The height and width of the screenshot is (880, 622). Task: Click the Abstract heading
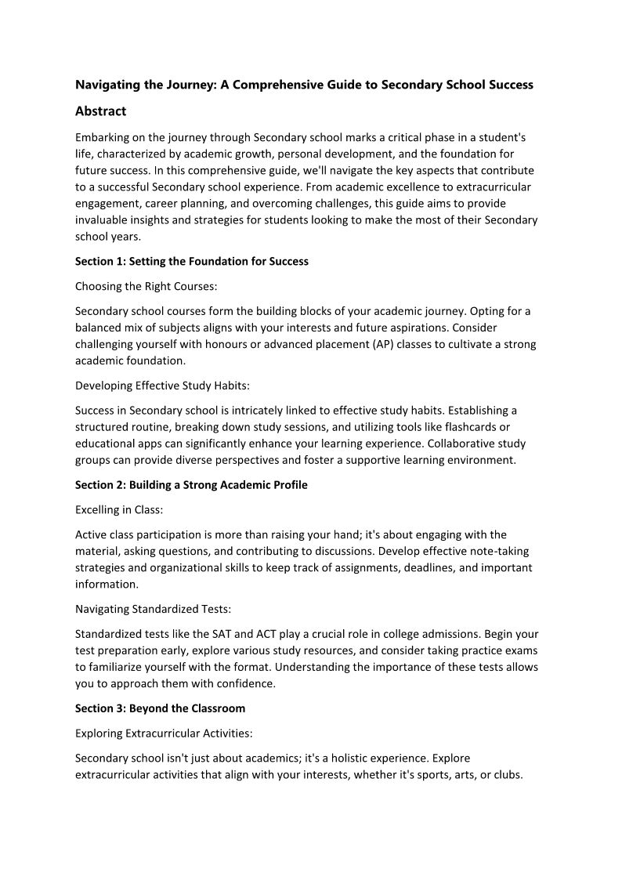(100, 111)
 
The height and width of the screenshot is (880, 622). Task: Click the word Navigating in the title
(107, 85)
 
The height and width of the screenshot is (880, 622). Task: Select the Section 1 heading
(192, 261)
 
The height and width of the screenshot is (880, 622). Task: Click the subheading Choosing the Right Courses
(140, 286)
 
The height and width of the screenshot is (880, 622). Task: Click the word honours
(244, 344)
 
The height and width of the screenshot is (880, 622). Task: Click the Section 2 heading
(191, 484)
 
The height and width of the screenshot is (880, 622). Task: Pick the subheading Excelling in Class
(119, 509)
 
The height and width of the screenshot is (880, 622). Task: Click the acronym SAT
(221, 633)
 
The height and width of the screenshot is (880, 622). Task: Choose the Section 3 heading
(160, 708)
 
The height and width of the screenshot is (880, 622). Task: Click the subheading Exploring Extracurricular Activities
(164, 733)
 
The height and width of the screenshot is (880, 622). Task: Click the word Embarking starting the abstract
(105, 137)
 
